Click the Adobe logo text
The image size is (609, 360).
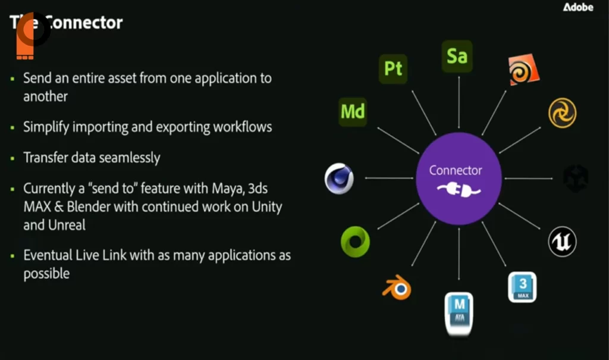pyautogui.click(x=578, y=7)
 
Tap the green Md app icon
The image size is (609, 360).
pyautogui.click(x=353, y=111)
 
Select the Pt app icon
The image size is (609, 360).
pyautogui.click(x=393, y=68)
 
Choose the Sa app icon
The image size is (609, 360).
pyautogui.click(x=457, y=56)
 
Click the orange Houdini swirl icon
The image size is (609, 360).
pyautogui.click(x=523, y=70)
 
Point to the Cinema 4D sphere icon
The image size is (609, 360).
pyautogui.click(x=340, y=179)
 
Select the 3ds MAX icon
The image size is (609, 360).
pyautogui.click(x=522, y=287)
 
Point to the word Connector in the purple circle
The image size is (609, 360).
pyautogui.click(x=456, y=171)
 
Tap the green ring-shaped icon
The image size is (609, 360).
pyautogui.click(x=355, y=242)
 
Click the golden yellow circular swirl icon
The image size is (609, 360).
pyautogui.click(x=562, y=113)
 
